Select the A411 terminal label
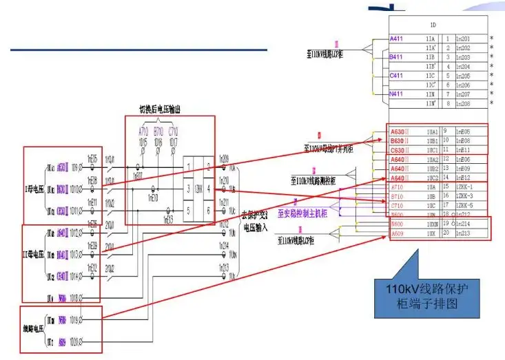(x=398, y=38)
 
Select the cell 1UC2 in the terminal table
(x=431, y=178)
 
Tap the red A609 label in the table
(x=398, y=233)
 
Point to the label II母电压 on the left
(x=34, y=255)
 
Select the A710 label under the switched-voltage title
(x=143, y=131)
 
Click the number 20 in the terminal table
(x=446, y=233)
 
